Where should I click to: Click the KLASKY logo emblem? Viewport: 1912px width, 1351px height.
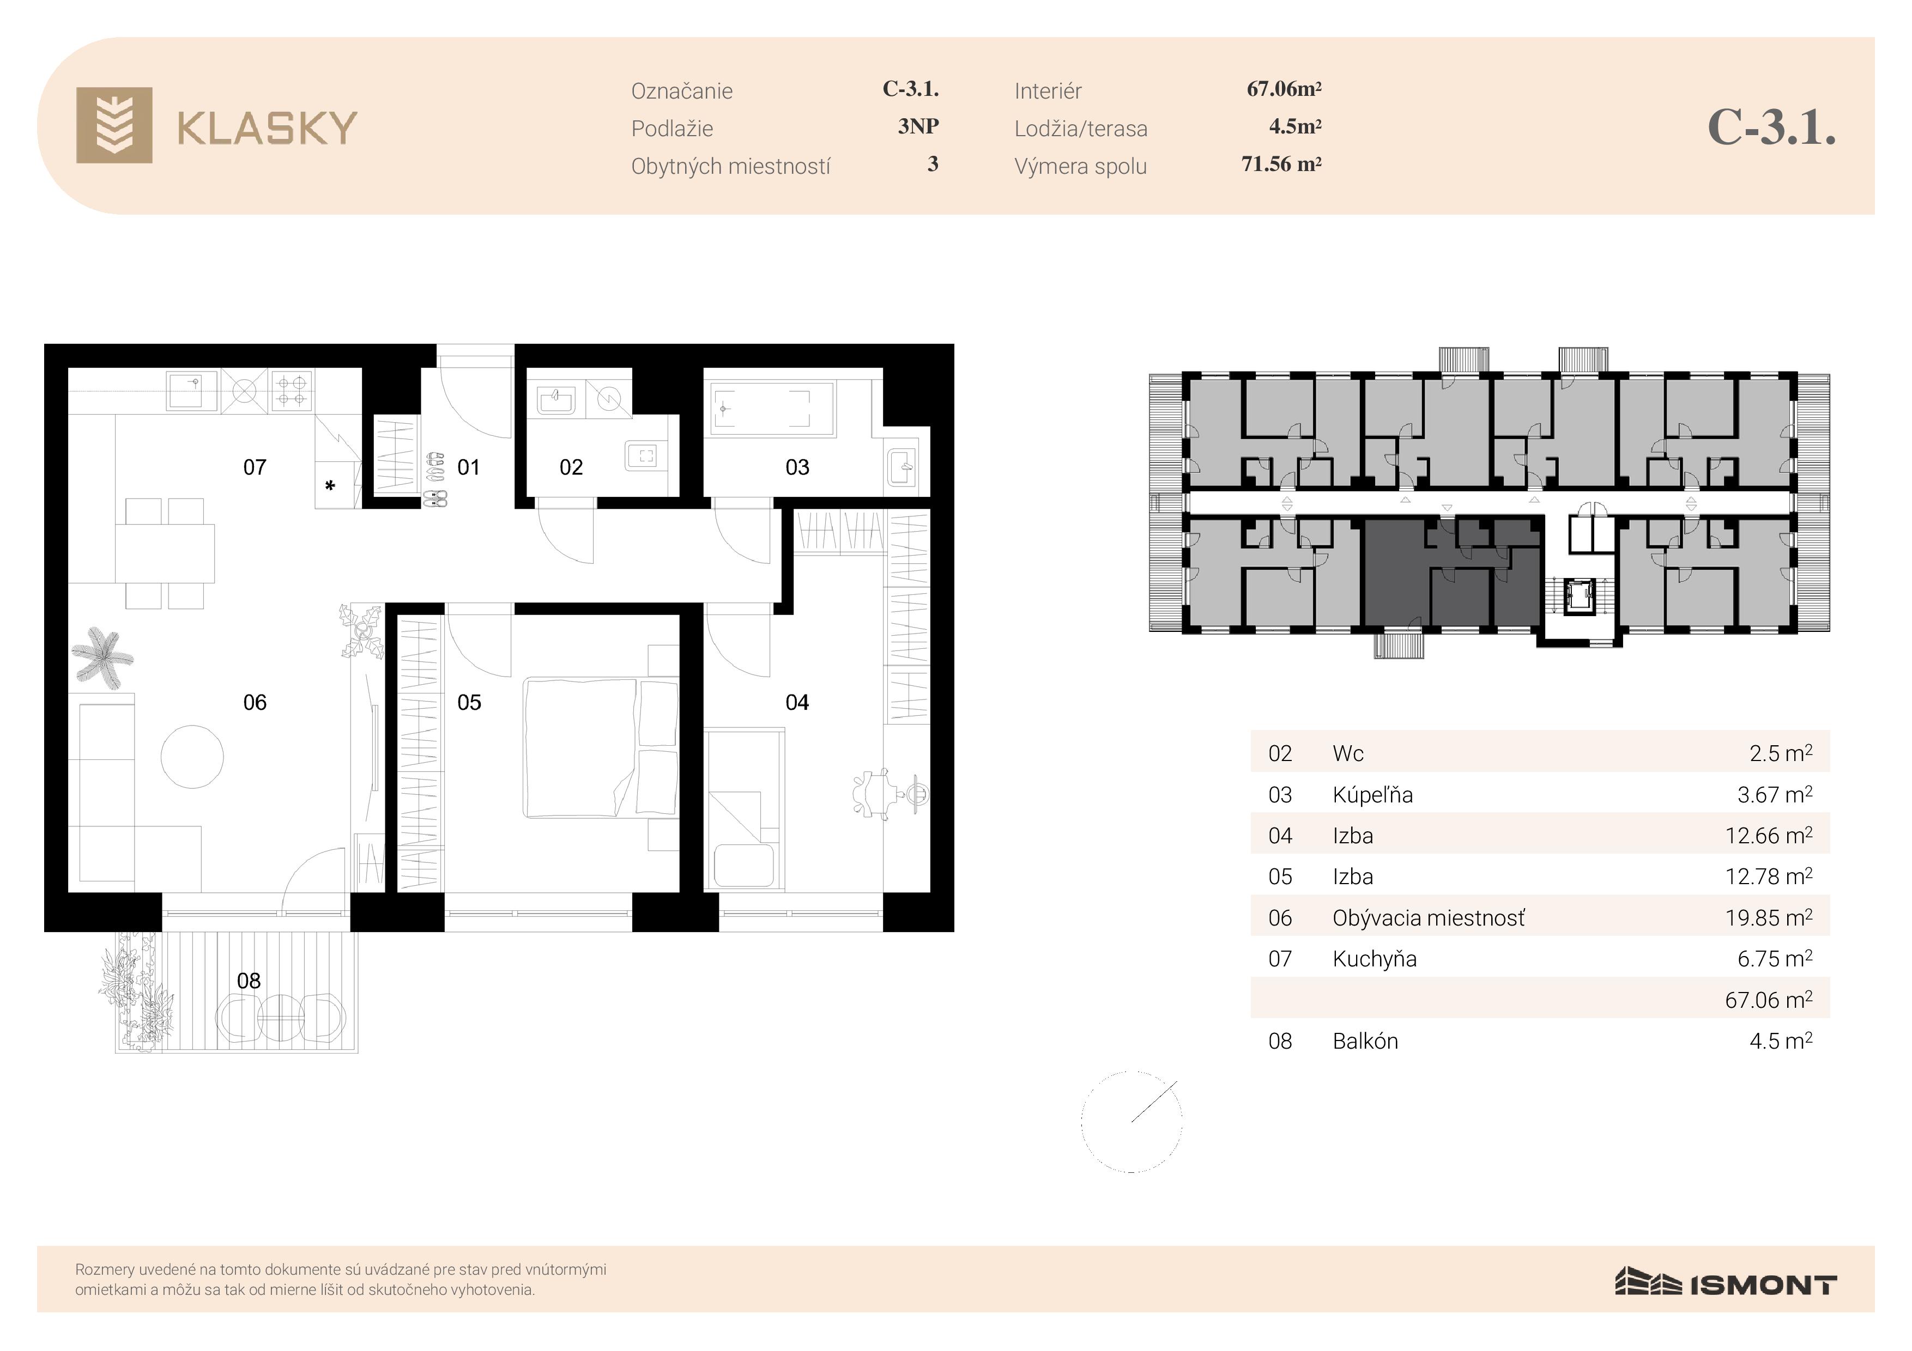tap(114, 125)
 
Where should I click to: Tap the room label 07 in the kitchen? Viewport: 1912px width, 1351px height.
tap(255, 467)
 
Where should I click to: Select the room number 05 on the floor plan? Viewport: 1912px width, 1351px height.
tap(469, 703)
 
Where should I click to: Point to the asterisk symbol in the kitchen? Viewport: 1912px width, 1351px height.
tap(330, 485)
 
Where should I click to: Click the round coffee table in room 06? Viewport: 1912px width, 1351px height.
tap(192, 757)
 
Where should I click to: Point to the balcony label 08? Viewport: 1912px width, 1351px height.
tap(249, 981)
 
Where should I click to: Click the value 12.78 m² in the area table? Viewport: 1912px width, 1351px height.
tap(1769, 877)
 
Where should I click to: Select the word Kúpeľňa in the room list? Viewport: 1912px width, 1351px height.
tap(1372, 795)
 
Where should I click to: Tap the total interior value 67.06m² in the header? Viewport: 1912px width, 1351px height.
tap(1284, 89)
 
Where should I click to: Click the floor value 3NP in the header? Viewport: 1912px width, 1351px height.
tap(918, 126)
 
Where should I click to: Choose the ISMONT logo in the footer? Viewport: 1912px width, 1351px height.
tap(1726, 1283)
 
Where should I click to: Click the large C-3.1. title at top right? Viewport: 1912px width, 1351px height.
tap(1771, 127)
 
